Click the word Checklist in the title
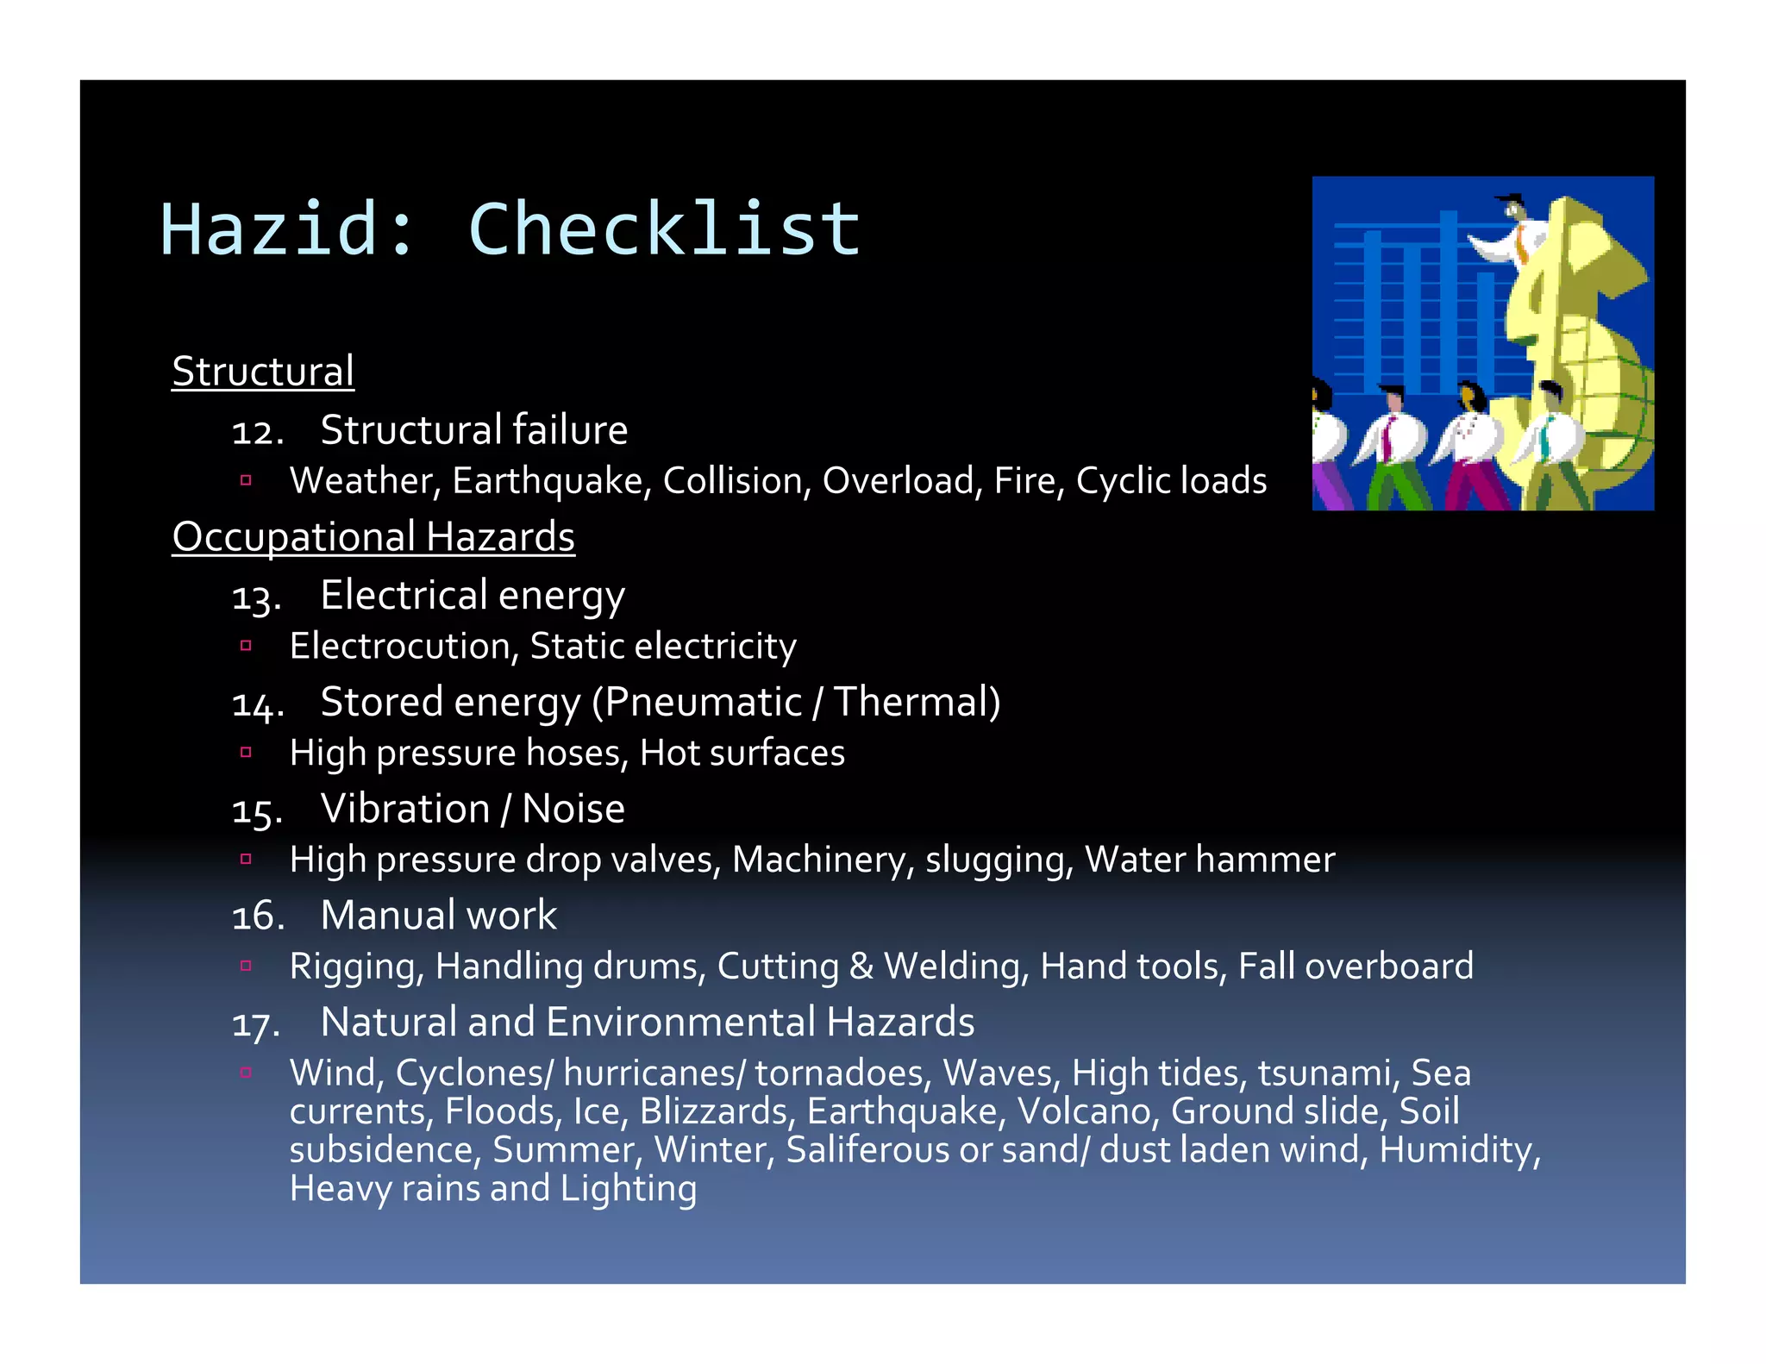[x=664, y=229]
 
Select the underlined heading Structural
[x=263, y=372]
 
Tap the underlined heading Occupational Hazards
[x=373, y=537]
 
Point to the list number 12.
[x=257, y=432]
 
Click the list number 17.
[x=256, y=1025]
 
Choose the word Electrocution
[x=404, y=647]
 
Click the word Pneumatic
[x=703, y=702]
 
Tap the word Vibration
[x=405, y=809]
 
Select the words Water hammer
[x=1210, y=860]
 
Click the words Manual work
[x=438, y=916]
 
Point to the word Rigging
[x=356, y=967]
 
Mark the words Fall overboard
[x=1356, y=967]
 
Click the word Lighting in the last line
[x=628, y=1189]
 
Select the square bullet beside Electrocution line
[x=246, y=645]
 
